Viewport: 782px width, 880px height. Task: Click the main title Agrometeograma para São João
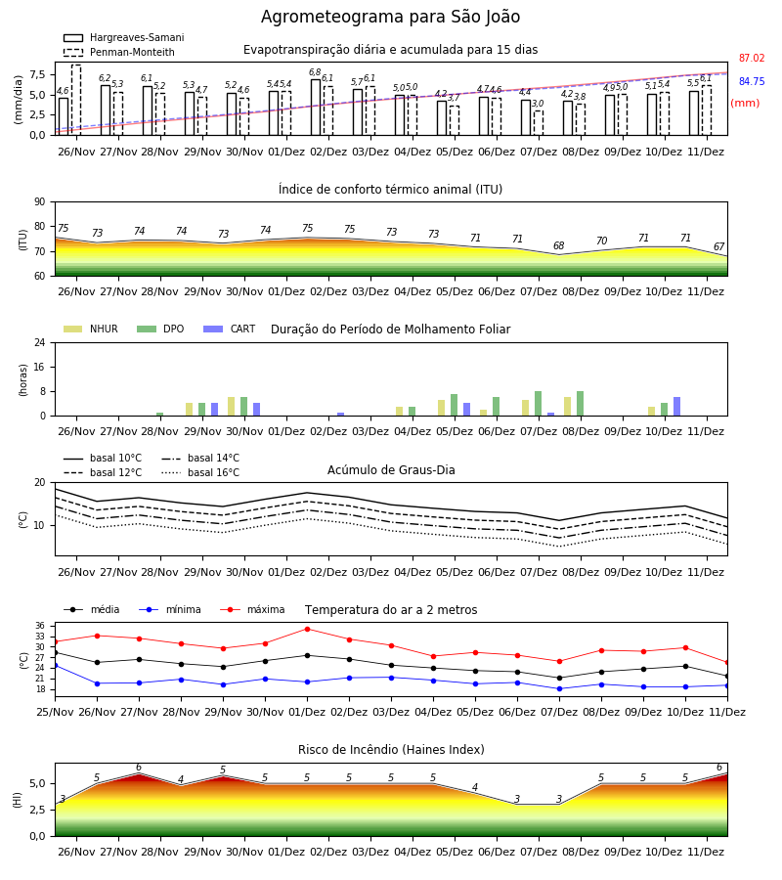pos(390,17)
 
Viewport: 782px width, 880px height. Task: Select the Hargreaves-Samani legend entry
pos(124,37)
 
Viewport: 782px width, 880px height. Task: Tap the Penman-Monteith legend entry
pos(119,52)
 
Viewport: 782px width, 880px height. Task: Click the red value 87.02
pos(752,58)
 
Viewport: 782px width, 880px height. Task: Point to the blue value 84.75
pos(752,81)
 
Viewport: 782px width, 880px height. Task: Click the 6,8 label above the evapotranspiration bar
pos(315,72)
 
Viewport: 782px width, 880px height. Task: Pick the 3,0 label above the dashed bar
pos(538,104)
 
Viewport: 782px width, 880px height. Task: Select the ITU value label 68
pos(559,245)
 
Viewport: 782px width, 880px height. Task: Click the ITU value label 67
pos(719,246)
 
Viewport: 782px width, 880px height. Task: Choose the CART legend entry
pos(230,329)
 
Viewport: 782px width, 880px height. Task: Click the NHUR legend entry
pos(91,329)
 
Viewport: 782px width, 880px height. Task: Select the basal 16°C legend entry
pos(200,472)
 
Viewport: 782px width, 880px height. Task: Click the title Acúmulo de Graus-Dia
pos(391,470)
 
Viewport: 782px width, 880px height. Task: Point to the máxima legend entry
pos(252,609)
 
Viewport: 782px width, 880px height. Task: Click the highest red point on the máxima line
pos(307,629)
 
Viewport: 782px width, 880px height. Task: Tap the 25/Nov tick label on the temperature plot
pos(55,712)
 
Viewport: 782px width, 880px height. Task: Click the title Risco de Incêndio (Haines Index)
pos(391,750)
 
